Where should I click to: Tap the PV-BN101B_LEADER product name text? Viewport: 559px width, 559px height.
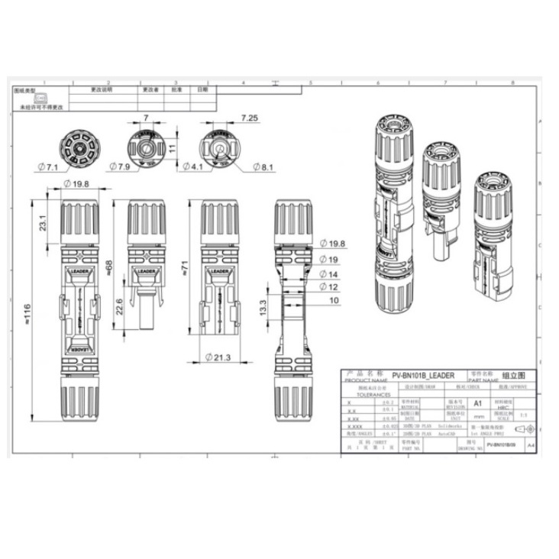tap(422, 376)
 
